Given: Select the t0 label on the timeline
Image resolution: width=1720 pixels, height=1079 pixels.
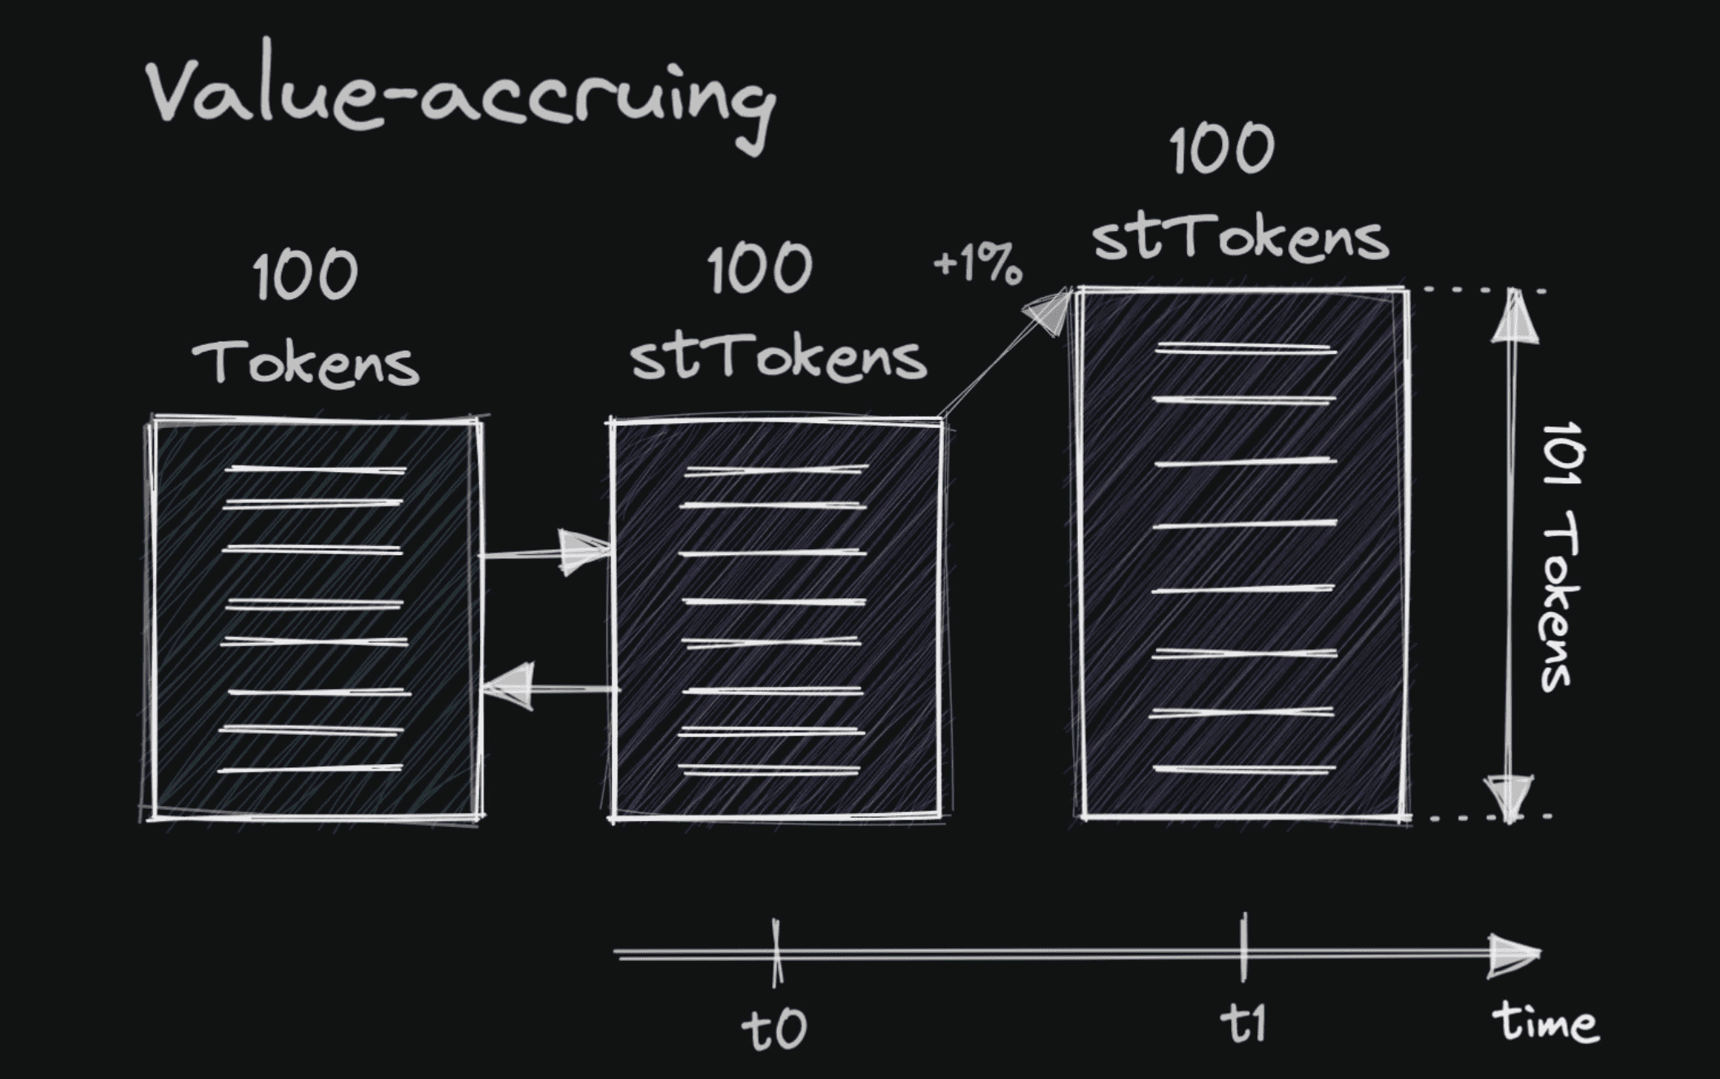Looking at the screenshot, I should pos(774,1029).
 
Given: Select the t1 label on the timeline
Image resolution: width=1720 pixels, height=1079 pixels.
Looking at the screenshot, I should pos(1243,1023).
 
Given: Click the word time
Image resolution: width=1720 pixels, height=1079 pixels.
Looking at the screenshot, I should pos(1545,1022).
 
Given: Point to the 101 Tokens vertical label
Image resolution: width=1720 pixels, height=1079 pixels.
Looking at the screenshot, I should pos(1559,557).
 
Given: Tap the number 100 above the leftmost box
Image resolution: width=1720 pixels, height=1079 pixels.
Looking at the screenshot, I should pos(305,275).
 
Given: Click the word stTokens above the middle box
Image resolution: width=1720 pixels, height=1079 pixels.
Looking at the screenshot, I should pos(778,358).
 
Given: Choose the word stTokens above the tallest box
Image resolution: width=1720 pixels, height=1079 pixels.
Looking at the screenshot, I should pos(1240,238).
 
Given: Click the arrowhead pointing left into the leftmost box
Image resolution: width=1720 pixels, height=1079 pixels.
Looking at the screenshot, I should pos(511,688).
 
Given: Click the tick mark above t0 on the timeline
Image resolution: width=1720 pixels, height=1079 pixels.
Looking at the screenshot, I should pos(777,952).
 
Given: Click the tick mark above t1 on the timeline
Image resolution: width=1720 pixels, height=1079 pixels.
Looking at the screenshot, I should pos(1243,948).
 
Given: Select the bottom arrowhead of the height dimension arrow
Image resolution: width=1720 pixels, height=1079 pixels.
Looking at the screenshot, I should pos(1510,797).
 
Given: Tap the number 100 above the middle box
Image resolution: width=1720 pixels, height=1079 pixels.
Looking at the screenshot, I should pos(759,269).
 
